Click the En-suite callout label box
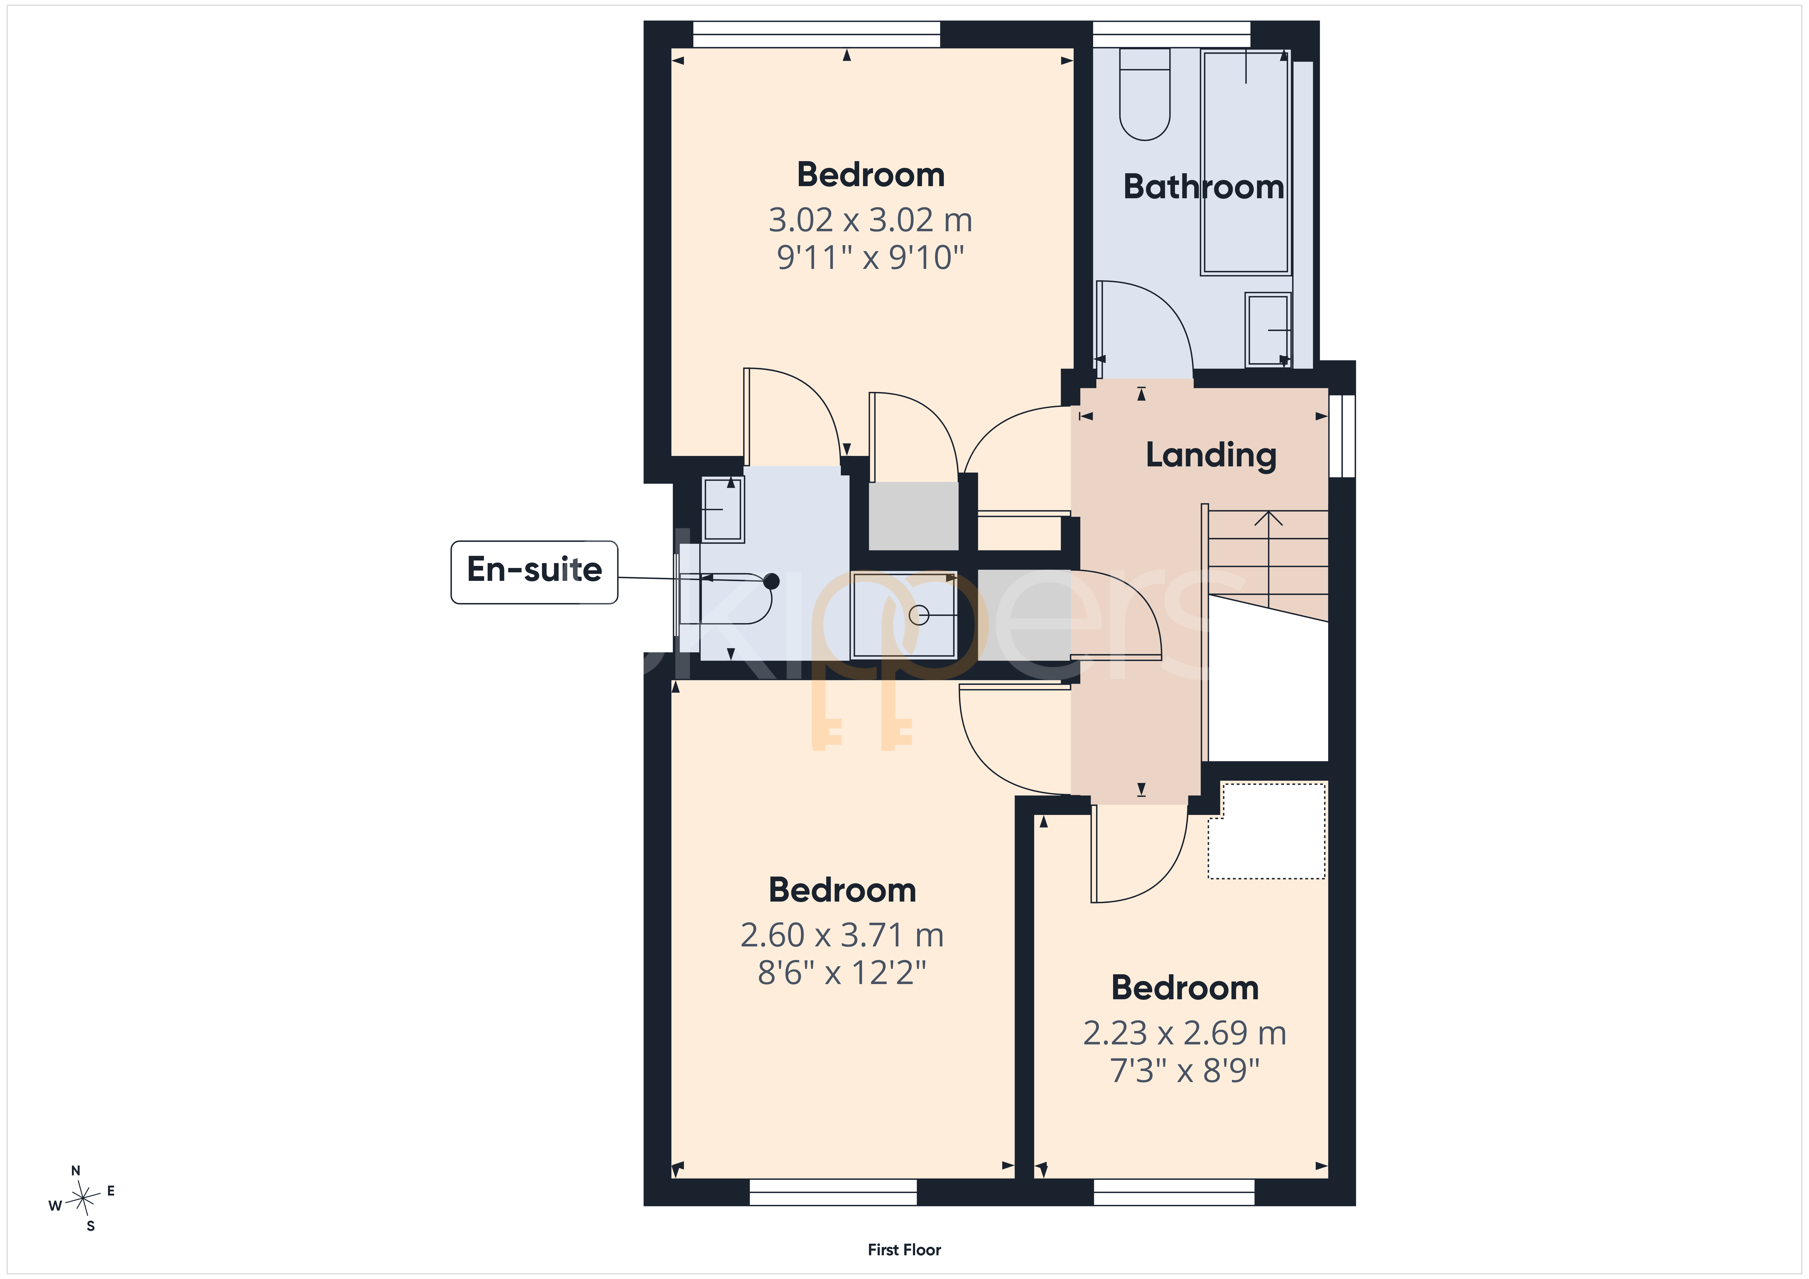pyautogui.click(x=534, y=572)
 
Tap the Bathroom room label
pyautogui.click(x=1203, y=187)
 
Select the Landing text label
pyautogui.click(x=1211, y=455)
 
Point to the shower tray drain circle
pyautogui.click(x=919, y=615)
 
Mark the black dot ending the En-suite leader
pyautogui.click(x=771, y=582)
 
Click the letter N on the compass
pyautogui.click(x=76, y=1171)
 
